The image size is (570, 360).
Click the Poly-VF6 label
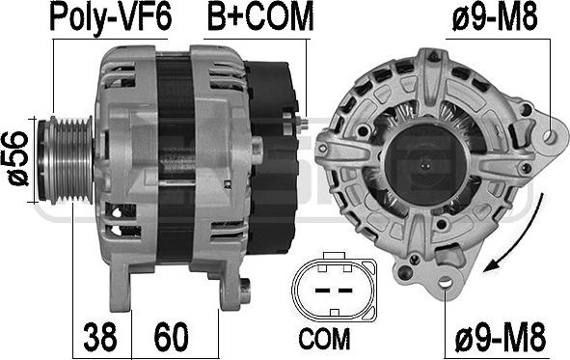[110, 17]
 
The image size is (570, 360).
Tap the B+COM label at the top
[260, 17]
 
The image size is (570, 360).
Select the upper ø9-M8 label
[495, 18]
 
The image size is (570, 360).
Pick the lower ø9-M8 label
[501, 337]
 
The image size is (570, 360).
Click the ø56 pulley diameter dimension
[15, 158]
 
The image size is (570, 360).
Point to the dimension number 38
[100, 337]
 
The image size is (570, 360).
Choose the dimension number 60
[171, 337]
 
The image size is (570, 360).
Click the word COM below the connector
[325, 339]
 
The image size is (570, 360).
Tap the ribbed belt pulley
[67, 160]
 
